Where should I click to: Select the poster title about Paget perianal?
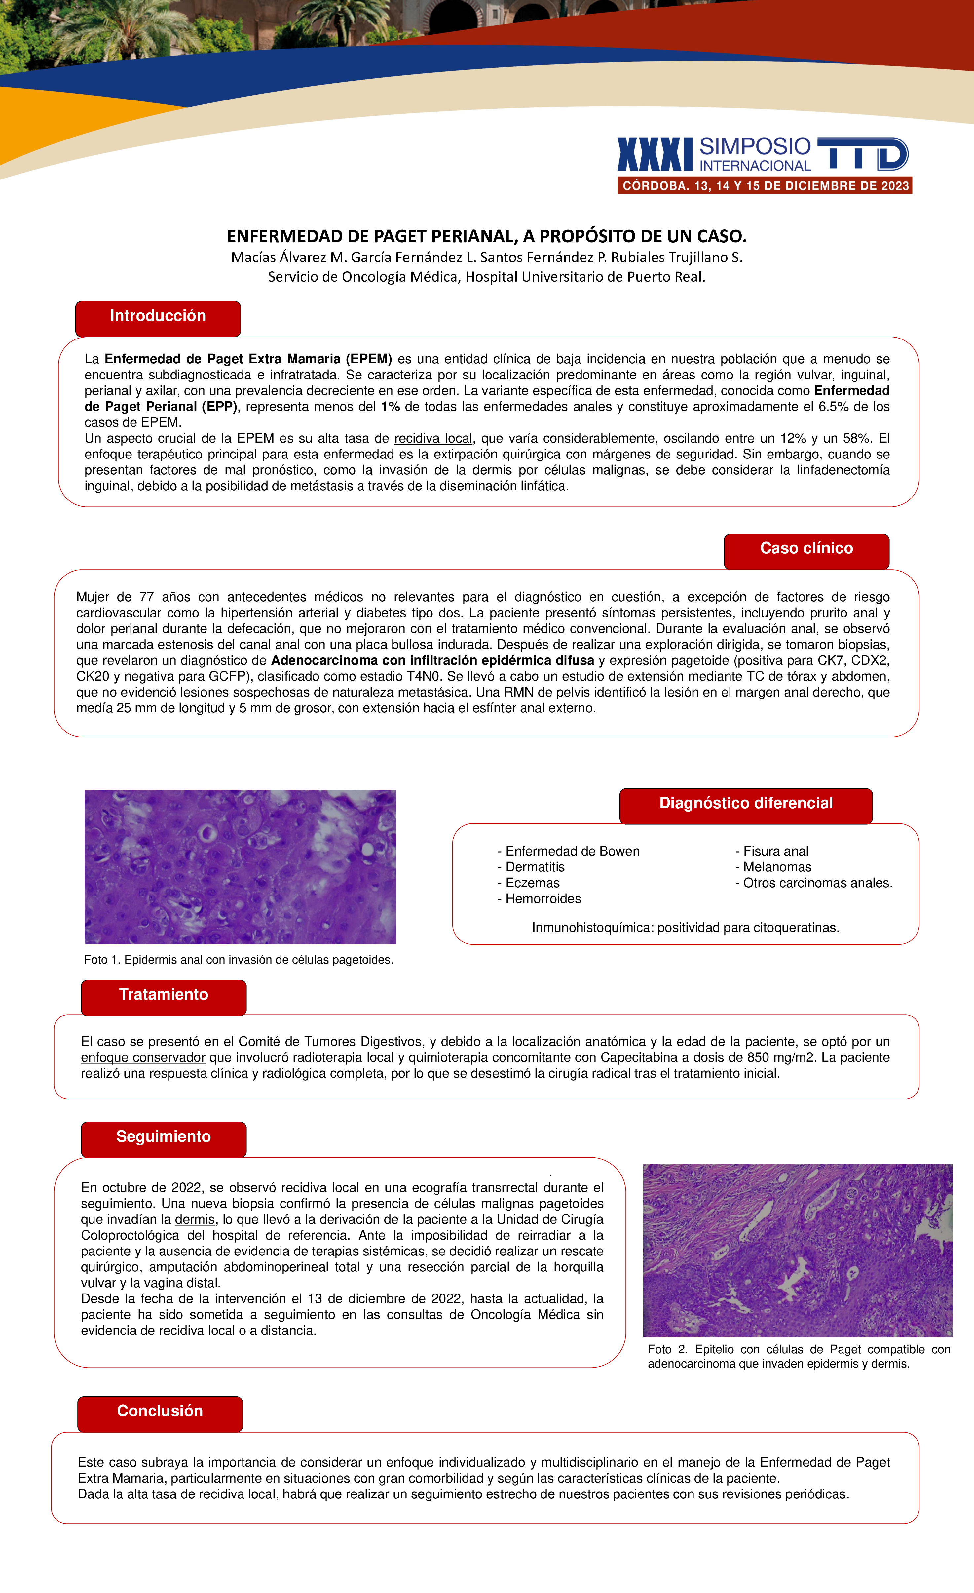point(487,236)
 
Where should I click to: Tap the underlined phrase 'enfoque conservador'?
point(143,1058)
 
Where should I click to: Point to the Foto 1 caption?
point(239,960)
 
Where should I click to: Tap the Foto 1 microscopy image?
point(241,867)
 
